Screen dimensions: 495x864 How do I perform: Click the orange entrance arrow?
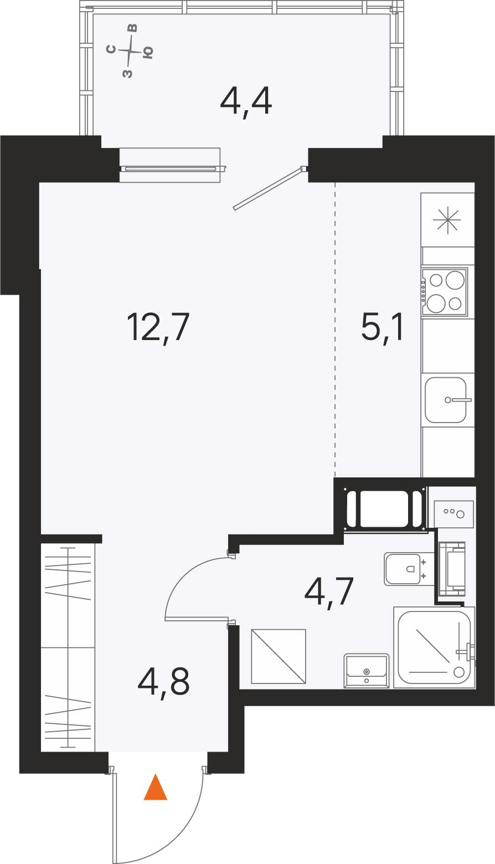tap(156, 788)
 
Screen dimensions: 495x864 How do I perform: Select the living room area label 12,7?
tap(158, 327)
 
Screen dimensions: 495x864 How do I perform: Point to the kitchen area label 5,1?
tap(383, 327)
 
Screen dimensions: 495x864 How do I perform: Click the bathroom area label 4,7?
tap(329, 592)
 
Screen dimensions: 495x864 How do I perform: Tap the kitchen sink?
tap(447, 400)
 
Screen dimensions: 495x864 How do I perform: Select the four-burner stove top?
tap(445, 292)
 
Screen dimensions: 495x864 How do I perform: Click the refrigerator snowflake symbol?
tap(447, 222)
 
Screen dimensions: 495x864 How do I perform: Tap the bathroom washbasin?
tap(366, 671)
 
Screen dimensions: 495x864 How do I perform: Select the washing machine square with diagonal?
tap(279, 656)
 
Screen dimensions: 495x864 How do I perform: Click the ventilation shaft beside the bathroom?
tap(383, 508)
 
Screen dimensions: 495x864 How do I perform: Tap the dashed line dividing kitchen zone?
tap(335, 330)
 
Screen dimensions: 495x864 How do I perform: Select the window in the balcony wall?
tap(170, 164)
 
